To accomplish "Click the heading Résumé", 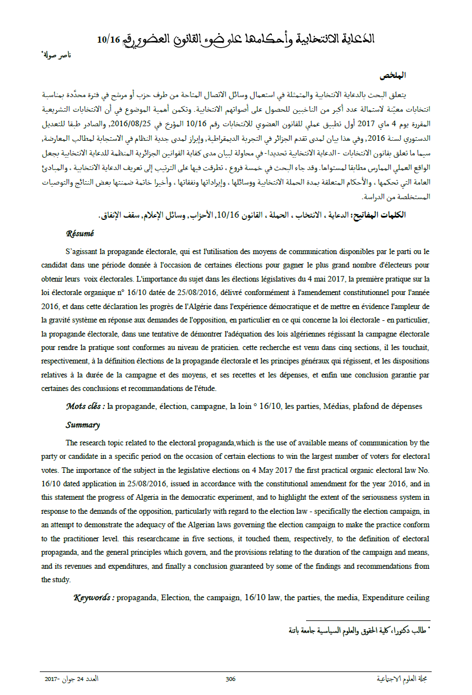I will pos(80,233).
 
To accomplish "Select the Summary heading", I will pos(82,425).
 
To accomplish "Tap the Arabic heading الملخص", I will pos(392,75).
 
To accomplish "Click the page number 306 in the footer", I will pos(230,679).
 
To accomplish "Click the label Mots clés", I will pos(85,406).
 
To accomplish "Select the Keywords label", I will pos(94,598).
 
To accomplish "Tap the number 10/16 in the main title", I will pos(109,39).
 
